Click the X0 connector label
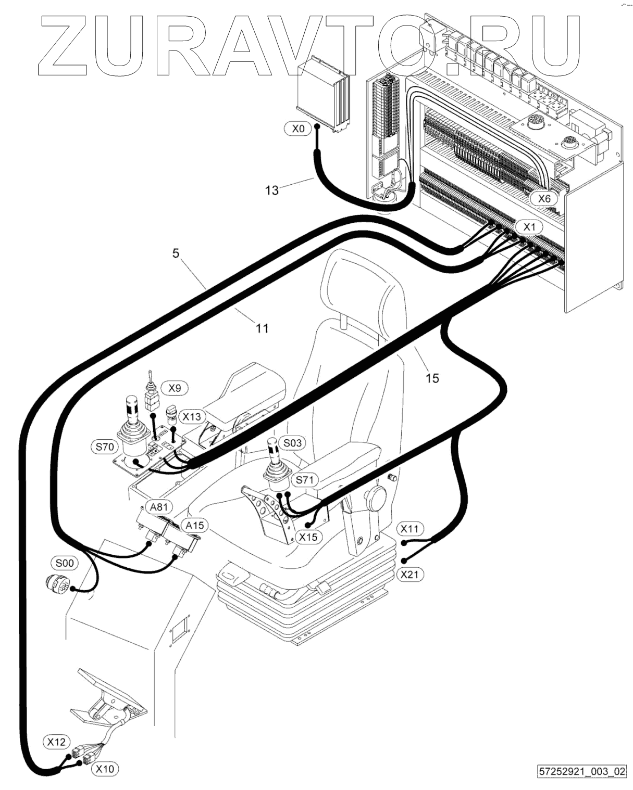pos(298,129)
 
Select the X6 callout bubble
pos(544,198)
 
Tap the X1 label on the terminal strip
pos(529,227)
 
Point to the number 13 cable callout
pos(271,190)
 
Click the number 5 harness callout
pos(176,253)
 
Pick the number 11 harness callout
pos(262,328)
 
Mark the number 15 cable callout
pos(432,378)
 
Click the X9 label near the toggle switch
pos(175,388)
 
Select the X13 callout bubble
pos(191,416)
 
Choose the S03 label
pos(292,443)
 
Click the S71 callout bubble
pos(304,480)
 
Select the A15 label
pos(193,526)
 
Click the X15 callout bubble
pos(308,537)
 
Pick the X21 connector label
pos(410,574)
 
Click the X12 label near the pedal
pos(56,741)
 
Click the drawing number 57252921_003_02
pos(582,770)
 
